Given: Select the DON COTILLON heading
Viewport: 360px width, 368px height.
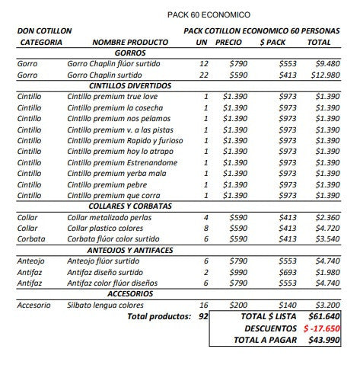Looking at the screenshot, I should pos(44,30).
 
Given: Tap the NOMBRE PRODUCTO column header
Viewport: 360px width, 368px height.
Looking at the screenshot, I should pos(129,43).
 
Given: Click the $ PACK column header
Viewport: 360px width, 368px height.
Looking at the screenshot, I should pos(272,43).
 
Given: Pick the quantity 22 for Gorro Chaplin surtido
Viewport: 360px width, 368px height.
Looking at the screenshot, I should pos(203,75).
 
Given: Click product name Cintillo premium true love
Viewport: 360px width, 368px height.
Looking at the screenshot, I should pos(111,97).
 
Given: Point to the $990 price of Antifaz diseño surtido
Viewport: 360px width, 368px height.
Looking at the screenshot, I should pos(238,272).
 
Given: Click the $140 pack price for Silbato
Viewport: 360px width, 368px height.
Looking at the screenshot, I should pos(287,305).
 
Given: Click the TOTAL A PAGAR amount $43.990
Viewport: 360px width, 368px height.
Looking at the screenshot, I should pos(323,341).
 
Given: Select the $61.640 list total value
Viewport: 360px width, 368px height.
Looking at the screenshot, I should pos(323,315).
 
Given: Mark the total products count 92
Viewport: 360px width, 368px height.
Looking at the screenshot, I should pos(203,315).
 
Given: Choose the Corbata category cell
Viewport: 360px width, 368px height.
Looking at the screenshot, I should pos(32,239).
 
